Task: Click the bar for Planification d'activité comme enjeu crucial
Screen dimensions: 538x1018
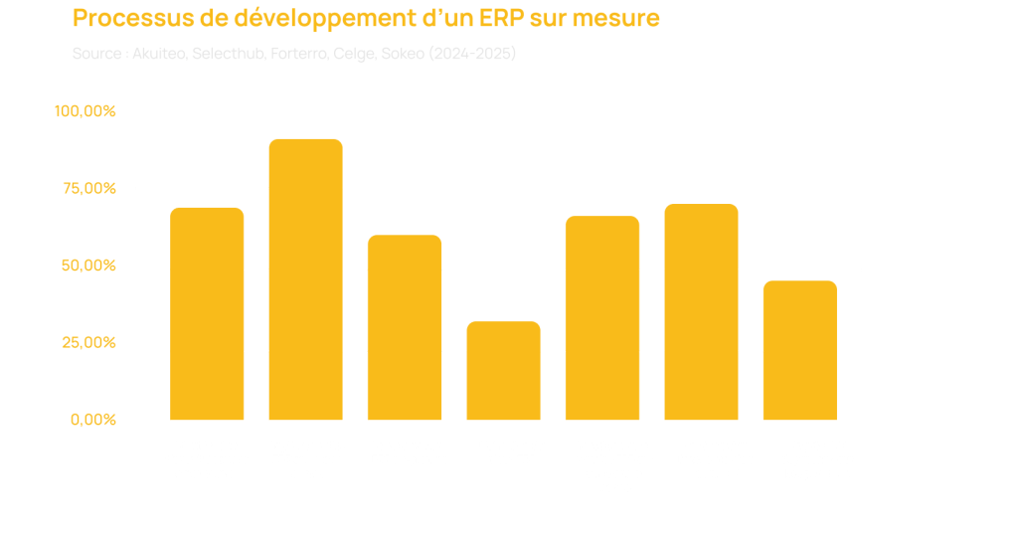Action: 207,313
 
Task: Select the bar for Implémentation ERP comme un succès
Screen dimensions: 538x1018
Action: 305,279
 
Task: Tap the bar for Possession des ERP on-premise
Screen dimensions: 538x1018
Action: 405,327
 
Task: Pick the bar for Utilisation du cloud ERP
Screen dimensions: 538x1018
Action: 503,370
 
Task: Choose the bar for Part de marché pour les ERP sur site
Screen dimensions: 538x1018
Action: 602,317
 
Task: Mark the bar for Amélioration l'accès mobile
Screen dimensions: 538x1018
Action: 701,311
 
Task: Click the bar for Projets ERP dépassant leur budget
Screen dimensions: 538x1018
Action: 799,350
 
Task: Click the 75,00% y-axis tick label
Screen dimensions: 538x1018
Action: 88,189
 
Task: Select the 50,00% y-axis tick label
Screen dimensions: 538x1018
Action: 88,267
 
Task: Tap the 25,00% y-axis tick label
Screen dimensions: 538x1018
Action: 88,343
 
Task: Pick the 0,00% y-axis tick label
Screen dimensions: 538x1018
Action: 93,420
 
